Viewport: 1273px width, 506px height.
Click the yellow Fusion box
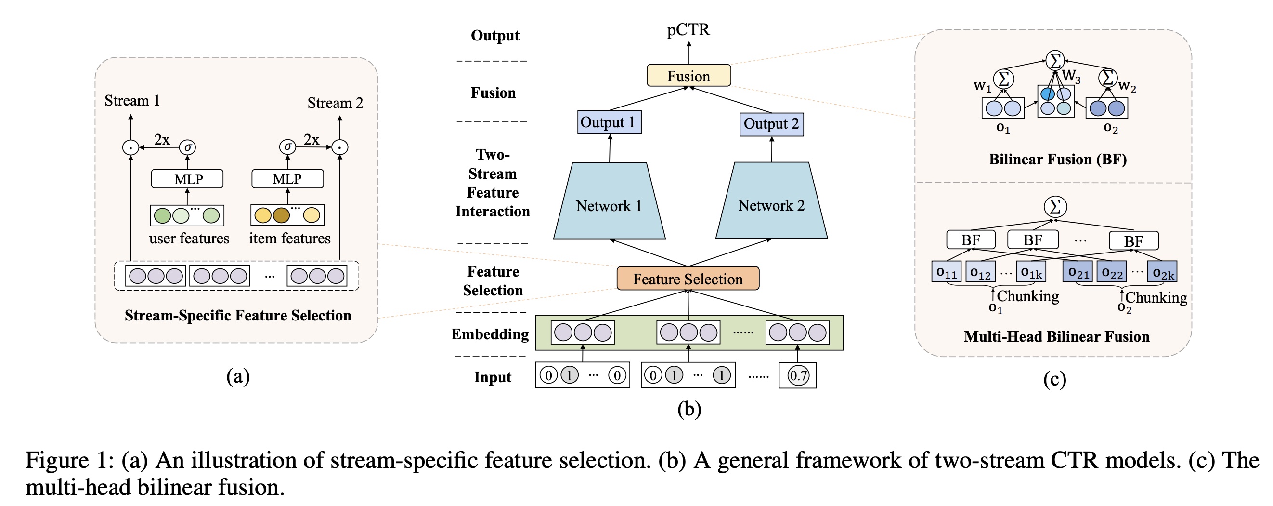(688, 76)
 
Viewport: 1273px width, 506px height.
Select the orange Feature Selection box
(688, 279)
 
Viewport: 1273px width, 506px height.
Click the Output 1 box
(609, 122)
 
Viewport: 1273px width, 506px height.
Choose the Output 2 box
(771, 124)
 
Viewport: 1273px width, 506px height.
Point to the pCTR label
(688, 30)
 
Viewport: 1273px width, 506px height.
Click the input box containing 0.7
(797, 375)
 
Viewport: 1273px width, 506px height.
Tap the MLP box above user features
(187, 179)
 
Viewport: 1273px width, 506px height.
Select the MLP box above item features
(287, 179)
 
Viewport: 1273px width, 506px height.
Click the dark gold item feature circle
(281, 215)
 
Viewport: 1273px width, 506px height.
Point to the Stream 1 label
(132, 100)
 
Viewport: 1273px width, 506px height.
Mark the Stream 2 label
(335, 103)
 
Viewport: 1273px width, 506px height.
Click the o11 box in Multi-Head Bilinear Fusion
(946, 271)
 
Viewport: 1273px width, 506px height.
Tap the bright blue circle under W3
(1047, 93)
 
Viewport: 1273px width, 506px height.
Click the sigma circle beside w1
(1004, 78)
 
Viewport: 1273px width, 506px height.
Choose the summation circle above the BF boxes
(1055, 206)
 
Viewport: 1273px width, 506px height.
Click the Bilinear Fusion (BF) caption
(1057, 159)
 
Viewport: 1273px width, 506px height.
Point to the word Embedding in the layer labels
(490, 334)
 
